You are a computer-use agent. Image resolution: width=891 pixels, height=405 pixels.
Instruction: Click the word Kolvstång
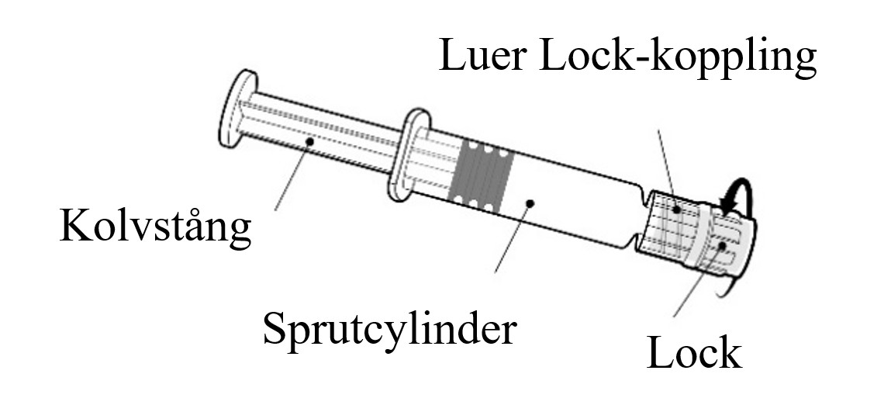coord(155,227)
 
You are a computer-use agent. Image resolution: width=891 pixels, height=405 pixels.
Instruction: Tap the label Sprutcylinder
coord(389,330)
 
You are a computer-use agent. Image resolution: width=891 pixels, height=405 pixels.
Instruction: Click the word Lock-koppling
coord(677,58)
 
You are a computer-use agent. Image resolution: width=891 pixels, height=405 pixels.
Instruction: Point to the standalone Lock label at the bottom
coord(694,353)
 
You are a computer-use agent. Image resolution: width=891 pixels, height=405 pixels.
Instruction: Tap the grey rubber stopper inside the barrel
coord(481,175)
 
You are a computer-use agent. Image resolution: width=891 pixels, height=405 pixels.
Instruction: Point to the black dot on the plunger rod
coord(309,141)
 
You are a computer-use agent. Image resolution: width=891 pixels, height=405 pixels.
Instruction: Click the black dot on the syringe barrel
coord(530,202)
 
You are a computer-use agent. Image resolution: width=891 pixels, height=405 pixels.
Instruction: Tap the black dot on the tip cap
coord(722,246)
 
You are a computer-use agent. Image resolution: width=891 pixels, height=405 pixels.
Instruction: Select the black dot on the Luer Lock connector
coord(677,209)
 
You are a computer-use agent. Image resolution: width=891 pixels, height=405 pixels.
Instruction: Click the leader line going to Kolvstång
coord(292,175)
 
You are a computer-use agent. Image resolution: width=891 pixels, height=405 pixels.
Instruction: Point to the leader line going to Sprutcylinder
coord(513,237)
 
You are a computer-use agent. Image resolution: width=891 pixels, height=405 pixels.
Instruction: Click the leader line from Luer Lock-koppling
coord(668,169)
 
